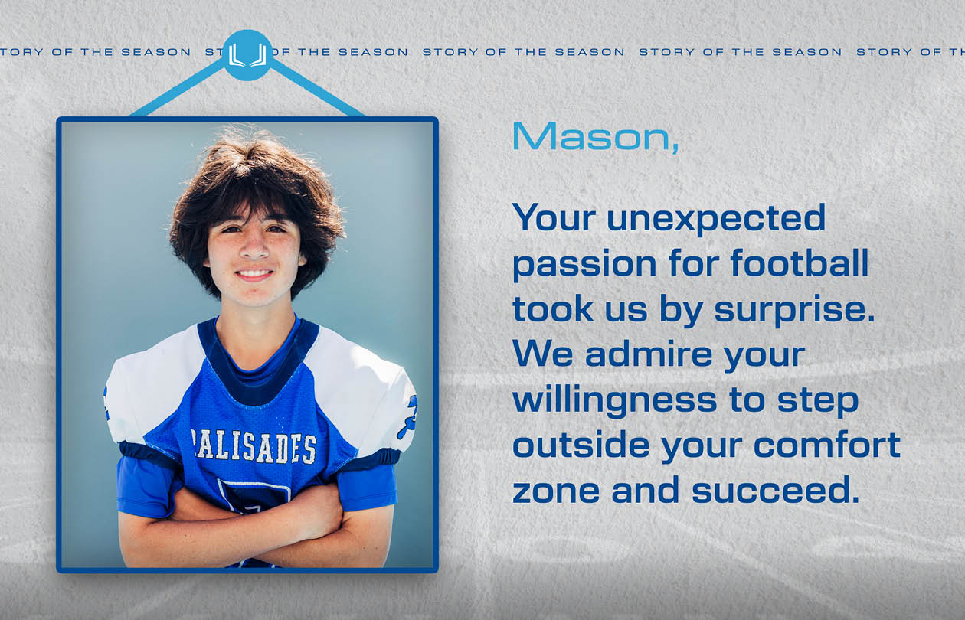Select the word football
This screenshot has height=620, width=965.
click(800, 263)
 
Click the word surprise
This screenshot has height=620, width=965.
click(795, 310)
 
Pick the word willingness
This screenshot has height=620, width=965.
click(615, 401)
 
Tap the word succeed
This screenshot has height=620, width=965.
click(775, 490)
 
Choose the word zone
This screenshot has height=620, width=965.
click(556, 492)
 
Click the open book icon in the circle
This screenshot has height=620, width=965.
click(247, 55)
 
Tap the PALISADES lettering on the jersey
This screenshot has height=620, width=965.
click(254, 447)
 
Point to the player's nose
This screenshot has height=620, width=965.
click(254, 248)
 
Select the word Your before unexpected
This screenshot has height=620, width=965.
click(554, 217)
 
